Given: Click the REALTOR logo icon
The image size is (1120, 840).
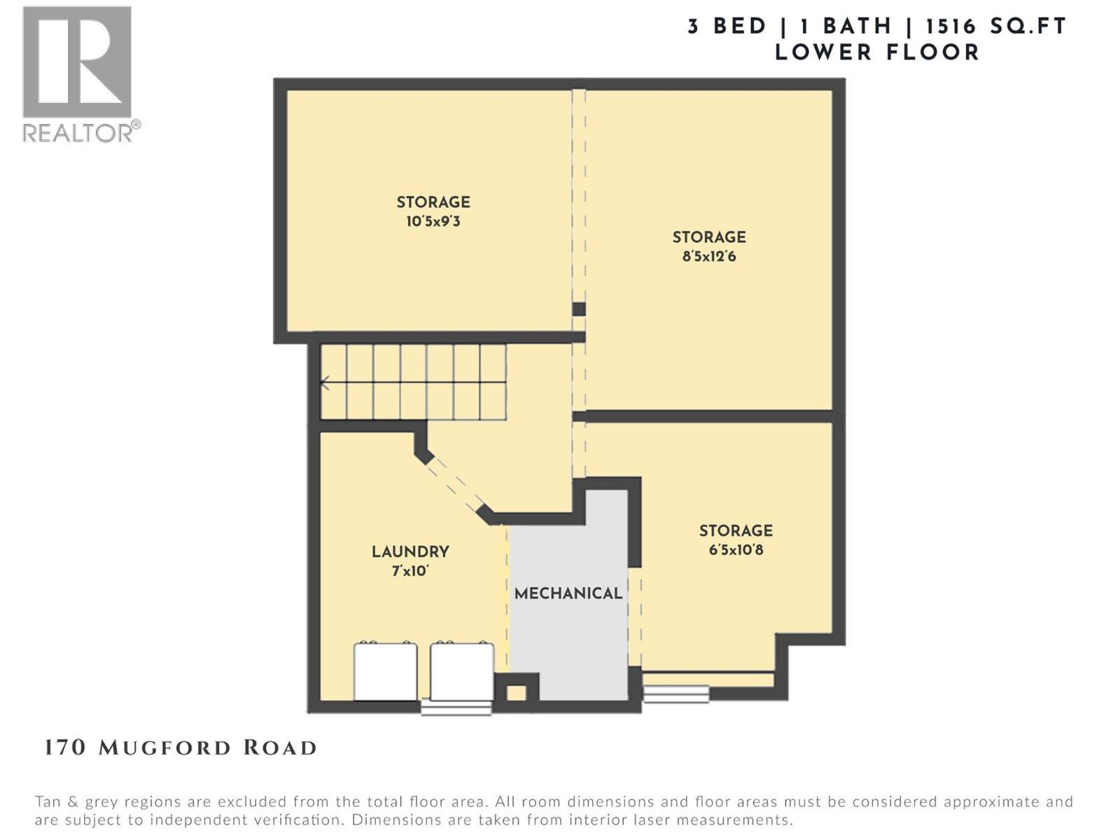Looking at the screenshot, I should coord(77,62).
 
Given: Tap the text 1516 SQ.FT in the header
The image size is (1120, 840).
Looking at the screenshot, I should coord(995,27).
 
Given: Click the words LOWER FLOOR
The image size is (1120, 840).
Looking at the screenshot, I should coord(876,52).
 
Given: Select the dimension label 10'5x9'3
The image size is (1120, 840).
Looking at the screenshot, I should coord(433,222).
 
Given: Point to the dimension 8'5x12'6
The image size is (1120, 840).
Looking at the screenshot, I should coord(709,256).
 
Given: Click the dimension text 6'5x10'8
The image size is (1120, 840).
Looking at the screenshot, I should coord(736,550).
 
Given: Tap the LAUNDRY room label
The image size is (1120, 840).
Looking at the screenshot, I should coord(410,552).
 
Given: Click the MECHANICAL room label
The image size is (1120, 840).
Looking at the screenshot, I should coord(568,594).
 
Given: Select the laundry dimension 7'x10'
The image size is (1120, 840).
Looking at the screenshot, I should coord(410,571).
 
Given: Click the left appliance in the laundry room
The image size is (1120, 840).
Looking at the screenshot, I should coord(386,671).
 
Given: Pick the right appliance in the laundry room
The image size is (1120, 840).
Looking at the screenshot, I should coord(462,671).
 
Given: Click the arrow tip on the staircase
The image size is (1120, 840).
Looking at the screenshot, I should coord(323,383).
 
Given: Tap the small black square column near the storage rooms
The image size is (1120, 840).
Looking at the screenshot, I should coord(579,309).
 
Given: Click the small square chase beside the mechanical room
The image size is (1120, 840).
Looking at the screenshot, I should coord(517,693).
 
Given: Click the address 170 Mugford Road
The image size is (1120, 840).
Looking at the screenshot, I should coord(181,748).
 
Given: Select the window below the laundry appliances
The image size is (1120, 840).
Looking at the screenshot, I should coord(456,708).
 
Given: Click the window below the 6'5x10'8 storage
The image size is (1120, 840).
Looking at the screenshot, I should coord(676,694).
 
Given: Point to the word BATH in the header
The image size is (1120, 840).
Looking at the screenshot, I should coord(857,27).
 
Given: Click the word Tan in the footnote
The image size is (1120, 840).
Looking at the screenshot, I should coord(49,801).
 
